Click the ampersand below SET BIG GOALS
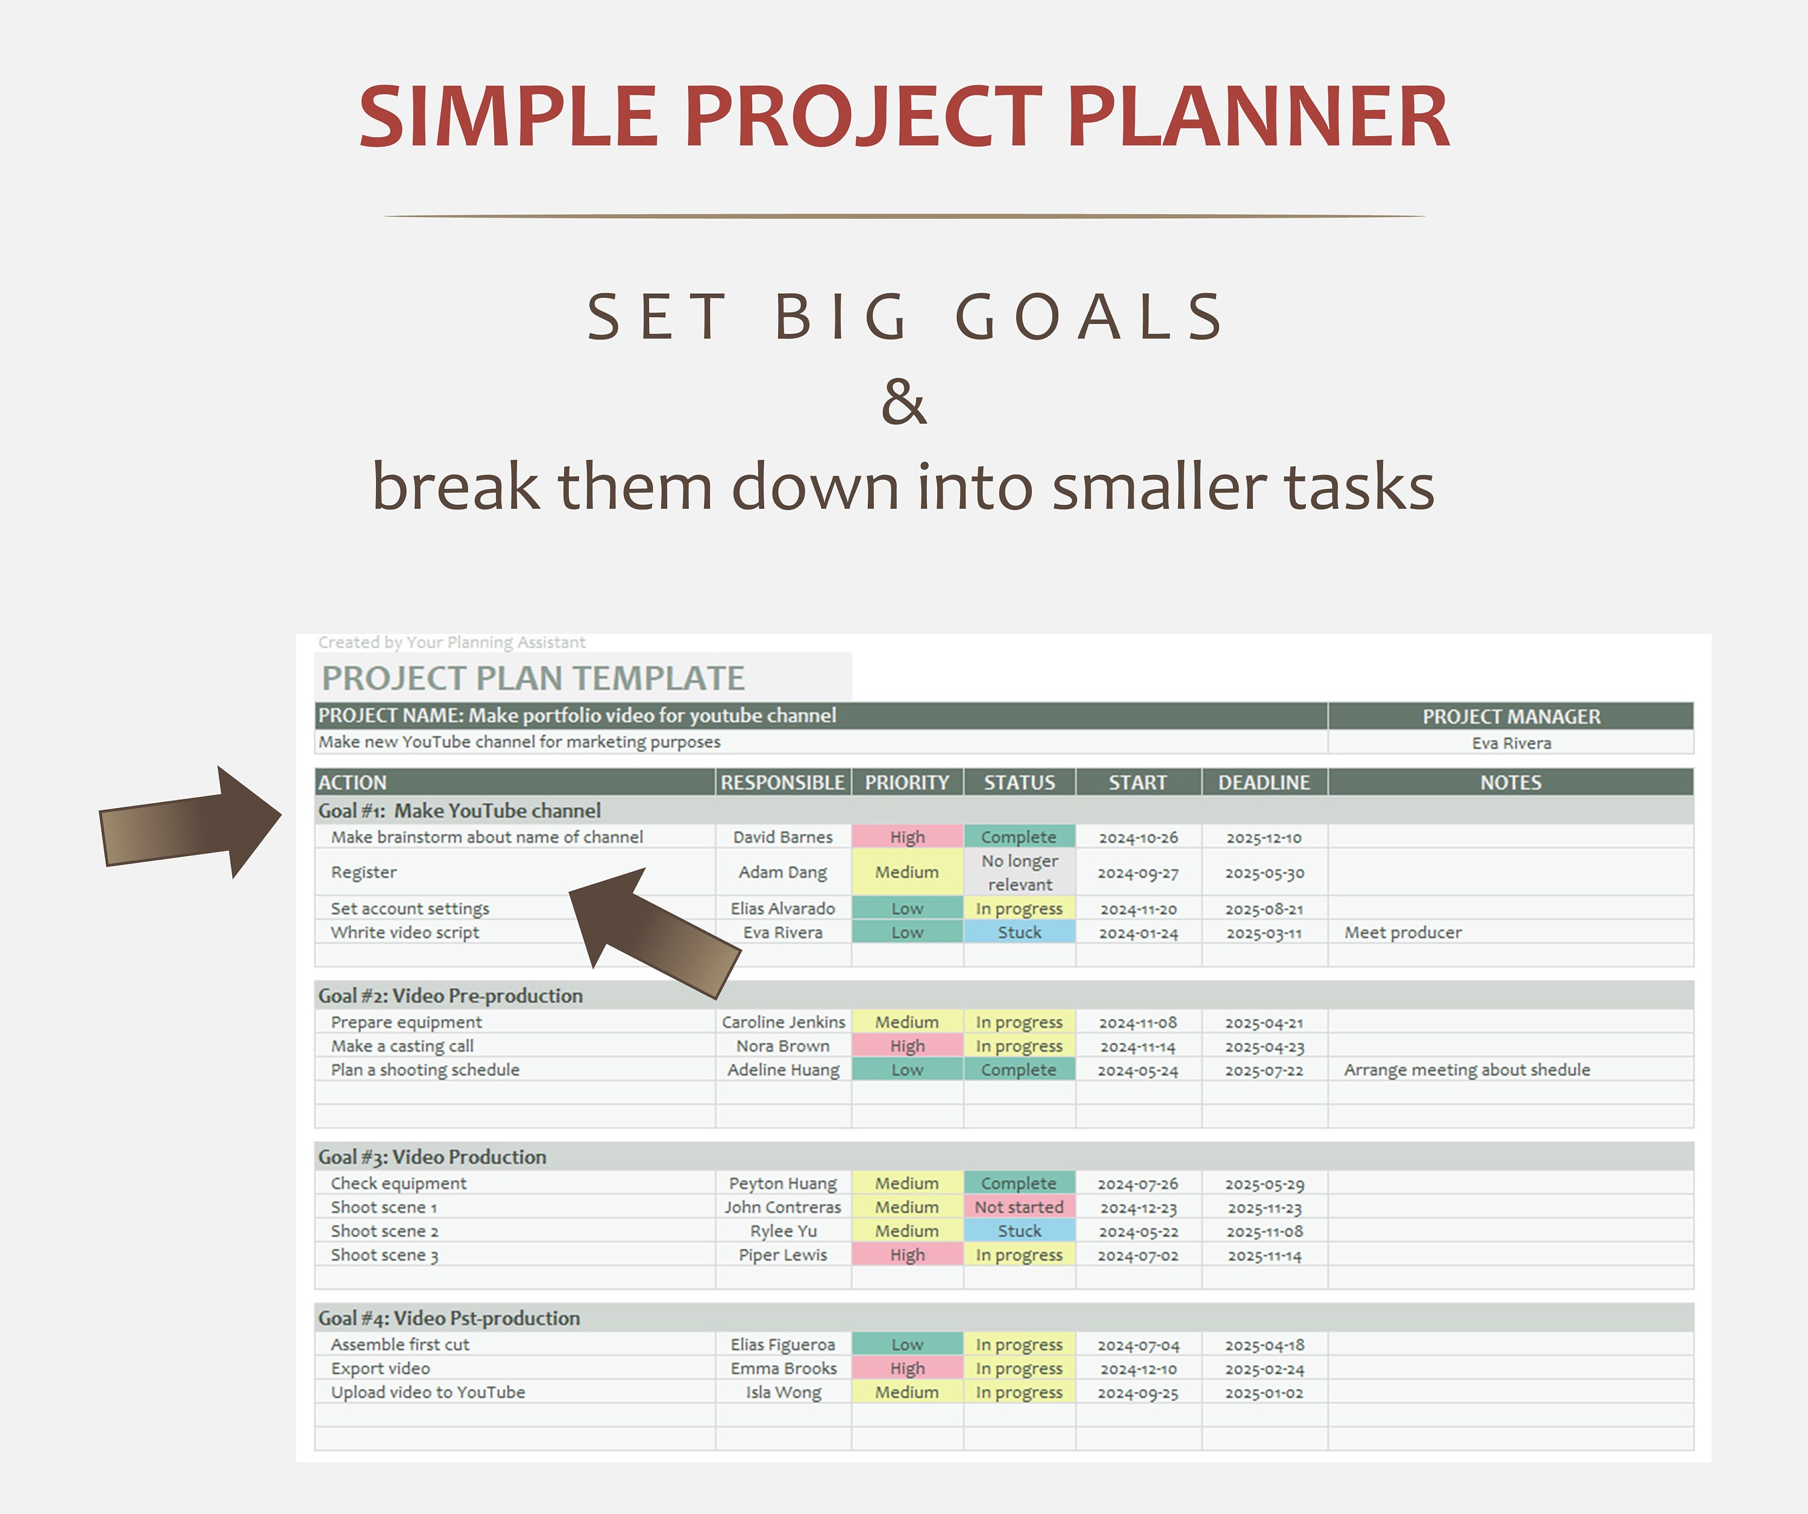click(x=903, y=402)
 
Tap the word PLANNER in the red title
click(x=1258, y=116)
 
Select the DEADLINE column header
click(x=1263, y=782)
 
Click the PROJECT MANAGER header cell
click(x=1510, y=716)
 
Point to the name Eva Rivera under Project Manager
click(x=1510, y=742)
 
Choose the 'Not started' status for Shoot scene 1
click(x=1019, y=1206)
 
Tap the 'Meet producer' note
click(x=1402, y=932)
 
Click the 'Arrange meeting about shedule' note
click(x=1466, y=1069)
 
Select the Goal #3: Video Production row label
click(x=432, y=1156)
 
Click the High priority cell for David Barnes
click(x=906, y=836)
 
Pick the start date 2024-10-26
click(x=1137, y=837)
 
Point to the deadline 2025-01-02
click(x=1263, y=1393)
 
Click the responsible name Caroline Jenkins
click(x=783, y=1021)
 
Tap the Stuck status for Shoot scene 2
click(x=1019, y=1231)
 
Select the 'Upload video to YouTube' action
click(x=428, y=1392)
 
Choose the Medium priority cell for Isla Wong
click(x=906, y=1392)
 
